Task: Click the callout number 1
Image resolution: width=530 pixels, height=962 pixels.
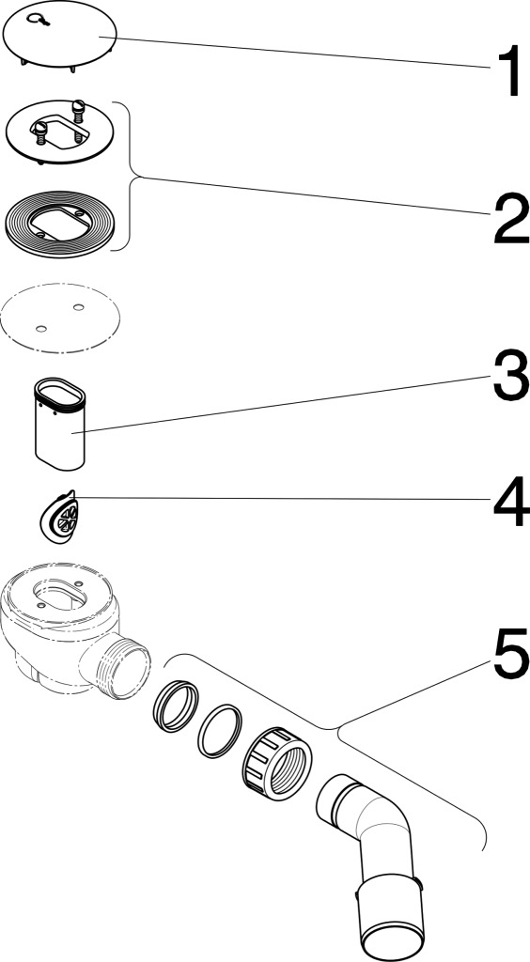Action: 507,73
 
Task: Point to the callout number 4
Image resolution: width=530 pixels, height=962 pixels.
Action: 511,503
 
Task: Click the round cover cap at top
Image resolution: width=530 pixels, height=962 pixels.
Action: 59,35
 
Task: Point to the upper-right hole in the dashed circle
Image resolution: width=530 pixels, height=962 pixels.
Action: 78,306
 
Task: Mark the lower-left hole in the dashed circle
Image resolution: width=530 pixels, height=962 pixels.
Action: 40,330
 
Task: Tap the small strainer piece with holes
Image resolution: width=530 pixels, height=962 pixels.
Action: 57,517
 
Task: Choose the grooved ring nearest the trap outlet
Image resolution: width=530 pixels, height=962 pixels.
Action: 176,698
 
